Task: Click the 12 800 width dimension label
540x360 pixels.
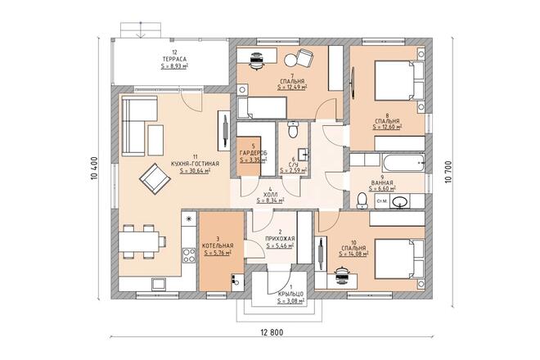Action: click(272, 332)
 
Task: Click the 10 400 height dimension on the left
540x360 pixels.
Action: click(94, 169)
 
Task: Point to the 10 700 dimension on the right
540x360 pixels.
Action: click(448, 172)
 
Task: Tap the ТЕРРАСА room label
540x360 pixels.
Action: click(174, 59)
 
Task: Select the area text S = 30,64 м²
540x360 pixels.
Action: click(195, 170)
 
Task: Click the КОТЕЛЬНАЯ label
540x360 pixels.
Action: click(218, 245)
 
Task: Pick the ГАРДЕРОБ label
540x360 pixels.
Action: click(253, 153)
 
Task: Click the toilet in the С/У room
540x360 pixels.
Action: click(293, 129)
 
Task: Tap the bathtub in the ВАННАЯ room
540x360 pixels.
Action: click(403, 163)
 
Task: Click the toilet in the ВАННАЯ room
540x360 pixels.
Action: click(362, 200)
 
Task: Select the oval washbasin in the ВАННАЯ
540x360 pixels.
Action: click(399, 201)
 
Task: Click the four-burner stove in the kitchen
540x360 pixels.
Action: click(189, 255)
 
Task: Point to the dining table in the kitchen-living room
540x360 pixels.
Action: click(138, 241)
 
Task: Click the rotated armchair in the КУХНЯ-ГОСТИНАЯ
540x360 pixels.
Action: click(155, 178)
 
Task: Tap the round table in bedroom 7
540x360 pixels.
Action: click(290, 61)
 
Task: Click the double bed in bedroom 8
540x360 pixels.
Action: click(399, 81)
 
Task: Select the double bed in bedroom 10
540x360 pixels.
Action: click(399, 259)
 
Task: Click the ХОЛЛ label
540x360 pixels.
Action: click(270, 195)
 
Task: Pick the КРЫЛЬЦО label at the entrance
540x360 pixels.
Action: click(290, 294)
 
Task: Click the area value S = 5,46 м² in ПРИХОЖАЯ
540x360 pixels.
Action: click(280, 245)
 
